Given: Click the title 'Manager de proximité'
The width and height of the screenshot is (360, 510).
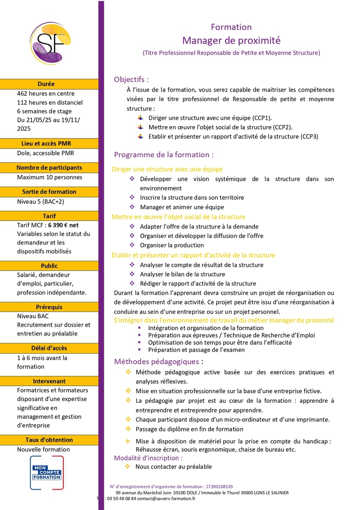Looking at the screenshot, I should tap(231, 40).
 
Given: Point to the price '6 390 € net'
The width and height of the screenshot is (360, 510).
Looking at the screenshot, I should tap(63, 225).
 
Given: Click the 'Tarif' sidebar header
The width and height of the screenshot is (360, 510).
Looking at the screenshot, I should tap(49, 216).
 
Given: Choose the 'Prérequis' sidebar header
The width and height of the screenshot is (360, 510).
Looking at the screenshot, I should tap(49, 307).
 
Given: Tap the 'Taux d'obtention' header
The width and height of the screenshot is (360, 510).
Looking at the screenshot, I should tap(49, 440).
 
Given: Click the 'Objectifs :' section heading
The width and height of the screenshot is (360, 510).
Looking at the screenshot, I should tap(131, 79).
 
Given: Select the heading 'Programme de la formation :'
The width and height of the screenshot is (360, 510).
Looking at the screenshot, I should tap(164, 154).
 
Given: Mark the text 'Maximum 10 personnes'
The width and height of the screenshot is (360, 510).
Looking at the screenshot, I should tap(50, 177).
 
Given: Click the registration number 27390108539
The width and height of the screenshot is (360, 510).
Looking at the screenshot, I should tap(219, 486).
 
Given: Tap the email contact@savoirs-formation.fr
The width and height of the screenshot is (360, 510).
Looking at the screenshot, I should tap(166, 498).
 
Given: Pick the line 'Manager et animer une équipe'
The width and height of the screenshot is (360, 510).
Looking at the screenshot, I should tap(182, 207).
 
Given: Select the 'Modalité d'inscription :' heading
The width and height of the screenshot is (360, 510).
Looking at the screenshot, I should tap(148, 458).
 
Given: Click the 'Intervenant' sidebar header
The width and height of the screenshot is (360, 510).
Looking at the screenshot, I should tap(49, 381).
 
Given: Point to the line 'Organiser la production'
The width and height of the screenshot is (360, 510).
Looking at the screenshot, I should tap(172, 245).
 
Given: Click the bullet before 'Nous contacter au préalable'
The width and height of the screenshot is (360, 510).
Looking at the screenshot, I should tap(127, 467).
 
